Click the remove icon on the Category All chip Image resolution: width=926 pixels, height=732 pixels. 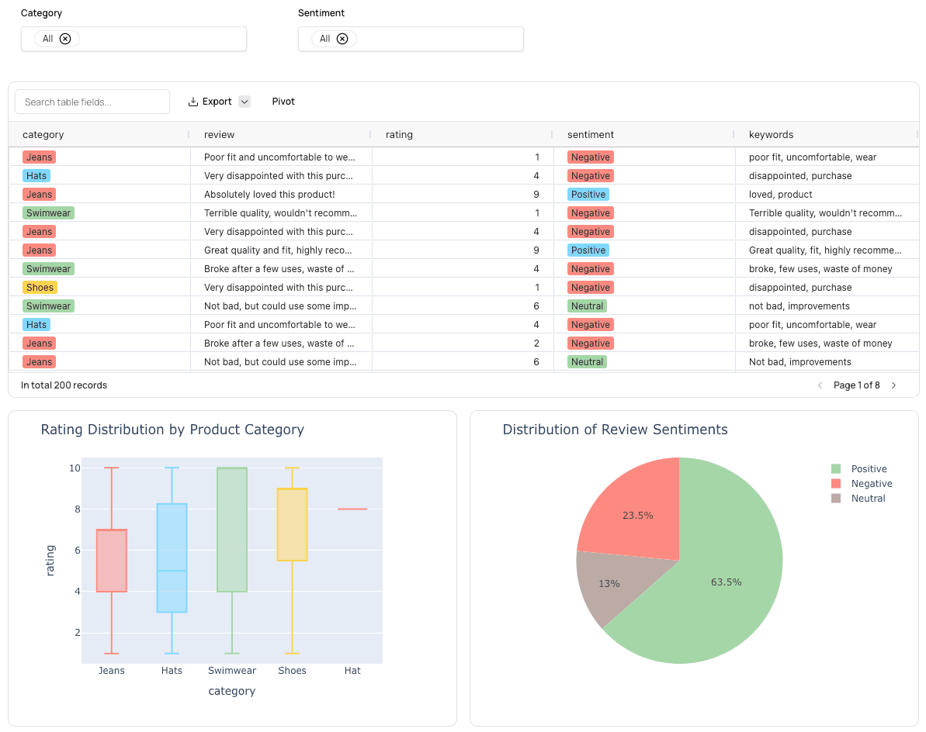(65, 39)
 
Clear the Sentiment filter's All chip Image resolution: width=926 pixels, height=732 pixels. (342, 39)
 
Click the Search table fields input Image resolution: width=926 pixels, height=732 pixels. (92, 102)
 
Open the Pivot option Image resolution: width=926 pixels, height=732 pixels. (283, 102)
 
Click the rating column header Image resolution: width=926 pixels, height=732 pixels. (399, 135)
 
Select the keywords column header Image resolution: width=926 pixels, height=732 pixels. (771, 135)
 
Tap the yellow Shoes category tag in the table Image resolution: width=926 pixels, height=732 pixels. (40, 288)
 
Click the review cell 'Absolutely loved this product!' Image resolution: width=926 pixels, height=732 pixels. (269, 195)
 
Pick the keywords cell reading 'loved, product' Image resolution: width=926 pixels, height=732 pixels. (780, 195)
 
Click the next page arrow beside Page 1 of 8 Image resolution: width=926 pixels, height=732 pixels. (893, 385)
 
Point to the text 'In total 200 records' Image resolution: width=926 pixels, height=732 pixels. (64, 385)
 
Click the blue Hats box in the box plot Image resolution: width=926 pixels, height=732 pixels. (172, 558)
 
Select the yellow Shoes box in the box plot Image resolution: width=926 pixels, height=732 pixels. (292, 524)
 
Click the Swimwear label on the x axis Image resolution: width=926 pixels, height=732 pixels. (232, 671)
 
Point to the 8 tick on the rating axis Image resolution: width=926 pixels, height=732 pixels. (75, 509)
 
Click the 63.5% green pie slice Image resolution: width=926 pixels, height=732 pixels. (726, 582)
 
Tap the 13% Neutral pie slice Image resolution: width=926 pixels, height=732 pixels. (609, 583)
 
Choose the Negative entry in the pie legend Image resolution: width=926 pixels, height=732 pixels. (871, 484)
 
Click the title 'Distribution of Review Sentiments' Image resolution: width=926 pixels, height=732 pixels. (615, 430)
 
